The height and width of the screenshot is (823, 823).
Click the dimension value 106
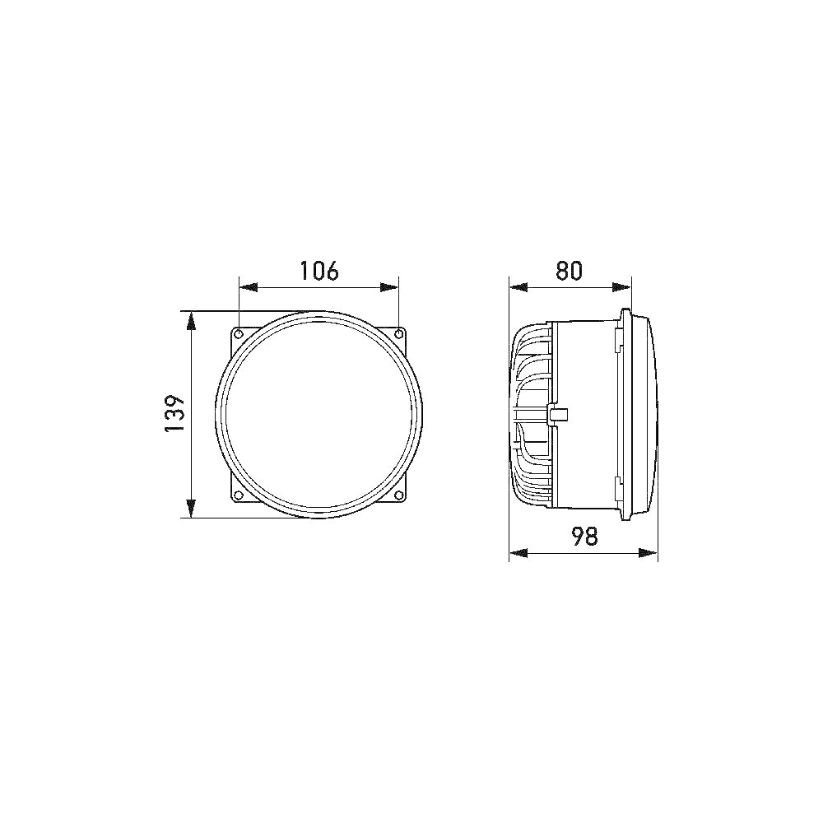click(319, 271)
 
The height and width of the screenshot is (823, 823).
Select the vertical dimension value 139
click(173, 414)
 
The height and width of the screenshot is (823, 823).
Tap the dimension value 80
click(569, 271)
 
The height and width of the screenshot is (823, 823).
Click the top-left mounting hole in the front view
click(239, 333)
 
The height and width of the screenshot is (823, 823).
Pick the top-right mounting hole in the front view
click(398, 333)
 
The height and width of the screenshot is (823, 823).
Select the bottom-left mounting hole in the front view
click(239, 495)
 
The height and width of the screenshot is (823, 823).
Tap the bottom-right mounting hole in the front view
click(398, 495)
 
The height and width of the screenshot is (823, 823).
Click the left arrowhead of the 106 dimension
click(245, 288)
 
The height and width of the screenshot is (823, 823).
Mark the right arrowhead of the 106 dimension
click(392, 288)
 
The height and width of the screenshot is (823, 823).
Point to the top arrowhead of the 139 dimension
click(191, 318)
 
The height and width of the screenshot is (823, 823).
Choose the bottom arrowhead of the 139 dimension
click(191, 511)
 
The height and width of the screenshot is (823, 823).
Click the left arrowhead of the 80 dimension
click(516, 287)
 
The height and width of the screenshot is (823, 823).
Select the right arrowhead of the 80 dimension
click(625, 287)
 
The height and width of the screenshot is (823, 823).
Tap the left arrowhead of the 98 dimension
click(516, 553)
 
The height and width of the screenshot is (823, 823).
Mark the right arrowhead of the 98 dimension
click(651, 553)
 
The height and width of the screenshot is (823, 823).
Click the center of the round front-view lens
click(319, 414)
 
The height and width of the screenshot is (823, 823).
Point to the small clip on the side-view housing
click(557, 413)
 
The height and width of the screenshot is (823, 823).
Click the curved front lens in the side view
click(650, 414)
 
